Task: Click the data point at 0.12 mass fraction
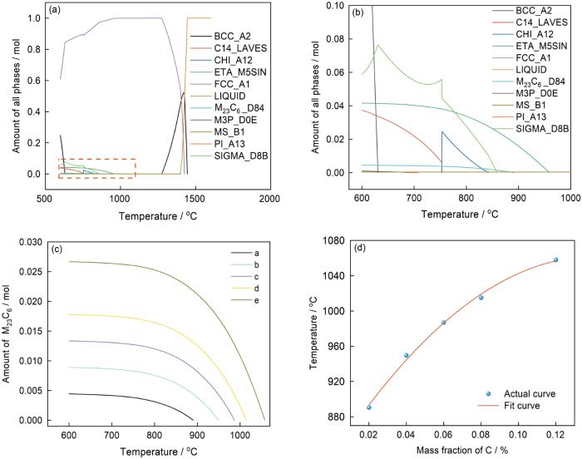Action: click(556, 259)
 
